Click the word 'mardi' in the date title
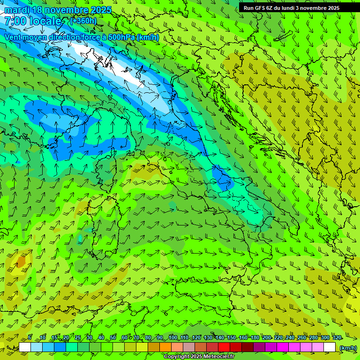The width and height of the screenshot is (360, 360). click(18, 10)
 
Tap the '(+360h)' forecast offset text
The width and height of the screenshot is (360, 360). click(83, 21)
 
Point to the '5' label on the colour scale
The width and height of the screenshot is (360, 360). click(30, 337)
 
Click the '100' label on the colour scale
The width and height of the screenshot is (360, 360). click(173, 337)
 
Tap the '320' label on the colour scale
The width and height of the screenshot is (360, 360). click(337, 337)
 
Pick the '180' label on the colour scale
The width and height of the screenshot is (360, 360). click(255, 337)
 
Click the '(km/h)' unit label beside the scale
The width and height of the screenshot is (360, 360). click(348, 347)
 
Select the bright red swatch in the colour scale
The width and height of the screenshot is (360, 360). click(225, 347)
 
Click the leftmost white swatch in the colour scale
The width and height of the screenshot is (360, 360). click(25, 347)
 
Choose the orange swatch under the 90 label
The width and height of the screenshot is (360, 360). click(165, 347)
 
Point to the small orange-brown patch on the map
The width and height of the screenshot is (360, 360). click(21, 261)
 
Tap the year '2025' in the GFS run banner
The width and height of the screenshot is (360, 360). click(333, 7)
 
